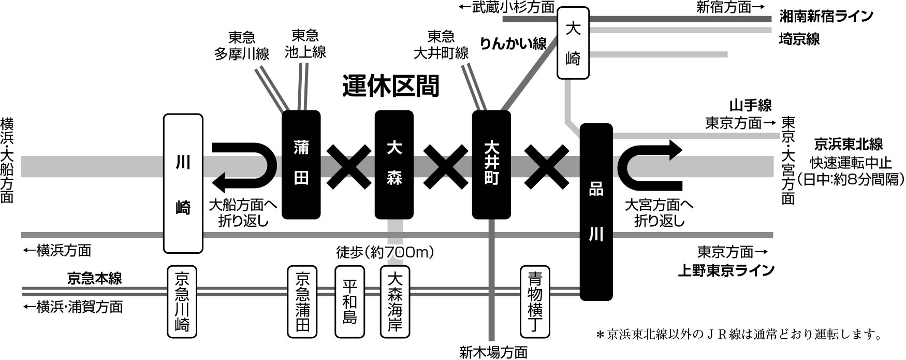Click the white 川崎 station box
pyautogui.click(x=183, y=184)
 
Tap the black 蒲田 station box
pyautogui.click(x=301, y=165)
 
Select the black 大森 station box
pyautogui.click(x=394, y=165)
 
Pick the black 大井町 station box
pyautogui.click(x=492, y=165)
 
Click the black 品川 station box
pyautogui.click(x=596, y=212)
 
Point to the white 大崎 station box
pyautogui.click(x=573, y=43)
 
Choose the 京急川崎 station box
pyautogui.click(x=182, y=302)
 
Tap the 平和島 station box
pyautogui.click(x=350, y=302)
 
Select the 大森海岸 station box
pyautogui.click(x=395, y=302)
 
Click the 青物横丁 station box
pyautogui.click(x=535, y=302)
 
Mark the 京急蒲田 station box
pyautogui.click(x=302, y=302)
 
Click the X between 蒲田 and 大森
pyautogui.click(x=349, y=167)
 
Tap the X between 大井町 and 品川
pyautogui.click(x=547, y=167)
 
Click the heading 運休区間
pyautogui.click(x=391, y=86)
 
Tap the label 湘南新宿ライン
pyautogui.click(x=826, y=17)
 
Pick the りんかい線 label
pyautogui.click(x=513, y=43)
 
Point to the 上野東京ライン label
pyautogui.click(x=726, y=270)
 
